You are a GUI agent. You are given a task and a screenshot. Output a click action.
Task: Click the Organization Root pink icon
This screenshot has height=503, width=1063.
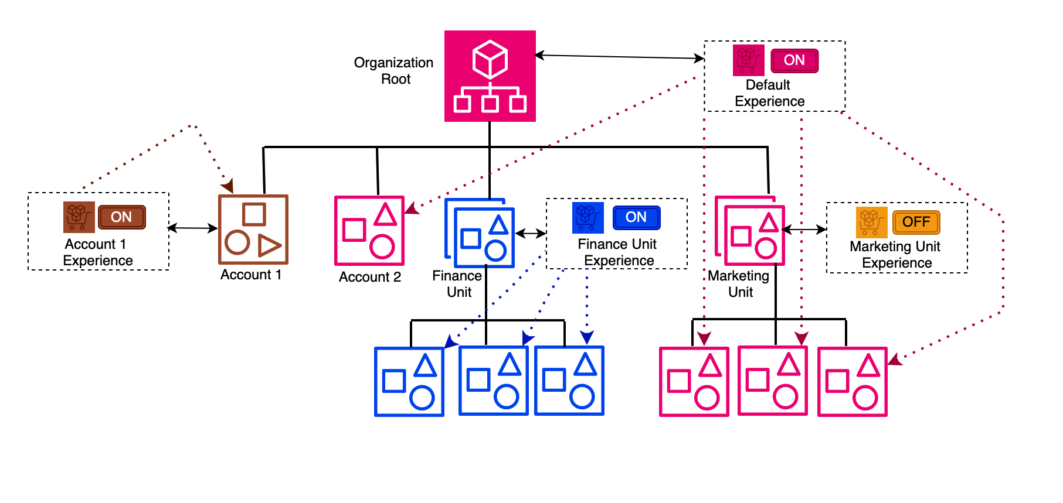pos(490,76)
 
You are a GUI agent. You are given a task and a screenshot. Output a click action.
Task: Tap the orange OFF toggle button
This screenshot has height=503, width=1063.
pos(916,222)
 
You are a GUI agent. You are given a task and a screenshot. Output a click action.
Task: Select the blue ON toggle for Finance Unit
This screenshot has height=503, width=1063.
pos(636,217)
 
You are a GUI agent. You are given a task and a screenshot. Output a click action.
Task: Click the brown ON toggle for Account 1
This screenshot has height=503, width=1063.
pos(121,217)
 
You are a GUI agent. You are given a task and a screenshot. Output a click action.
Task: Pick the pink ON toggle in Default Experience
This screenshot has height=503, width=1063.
pos(794,60)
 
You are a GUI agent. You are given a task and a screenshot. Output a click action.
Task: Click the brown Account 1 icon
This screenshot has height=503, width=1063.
pos(253,230)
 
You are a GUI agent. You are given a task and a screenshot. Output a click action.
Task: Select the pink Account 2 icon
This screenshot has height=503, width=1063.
pos(369,231)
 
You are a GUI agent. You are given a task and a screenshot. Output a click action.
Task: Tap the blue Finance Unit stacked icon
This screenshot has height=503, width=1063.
pos(480,234)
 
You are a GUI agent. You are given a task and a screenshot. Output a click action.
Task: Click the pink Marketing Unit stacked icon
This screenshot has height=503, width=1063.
pos(750,231)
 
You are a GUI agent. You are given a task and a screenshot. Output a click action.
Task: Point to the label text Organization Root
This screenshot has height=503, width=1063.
pos(393,71)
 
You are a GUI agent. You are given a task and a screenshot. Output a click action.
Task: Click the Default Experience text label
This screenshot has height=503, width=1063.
pos(769,93)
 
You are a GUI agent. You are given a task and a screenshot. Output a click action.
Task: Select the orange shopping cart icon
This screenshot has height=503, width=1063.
pos(871,222)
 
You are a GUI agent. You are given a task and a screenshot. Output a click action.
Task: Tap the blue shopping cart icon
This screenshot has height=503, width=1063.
pos(587,217)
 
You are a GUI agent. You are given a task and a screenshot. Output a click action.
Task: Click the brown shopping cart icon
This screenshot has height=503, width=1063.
pos(79,217)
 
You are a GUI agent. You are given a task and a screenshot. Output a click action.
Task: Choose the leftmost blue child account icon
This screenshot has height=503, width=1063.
pos(409,382)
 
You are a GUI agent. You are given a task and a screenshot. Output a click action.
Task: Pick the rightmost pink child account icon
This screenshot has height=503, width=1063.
pos(852,382)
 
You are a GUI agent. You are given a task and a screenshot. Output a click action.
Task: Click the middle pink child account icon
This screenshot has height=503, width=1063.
pos(772,381)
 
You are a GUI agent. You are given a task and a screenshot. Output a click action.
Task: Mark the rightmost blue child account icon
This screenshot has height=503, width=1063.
pos(569,381)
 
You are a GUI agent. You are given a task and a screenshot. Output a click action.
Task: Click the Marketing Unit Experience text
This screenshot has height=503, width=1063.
pos(895,255)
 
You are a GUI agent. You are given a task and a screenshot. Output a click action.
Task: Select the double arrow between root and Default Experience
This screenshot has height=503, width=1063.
pos(619,57)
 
